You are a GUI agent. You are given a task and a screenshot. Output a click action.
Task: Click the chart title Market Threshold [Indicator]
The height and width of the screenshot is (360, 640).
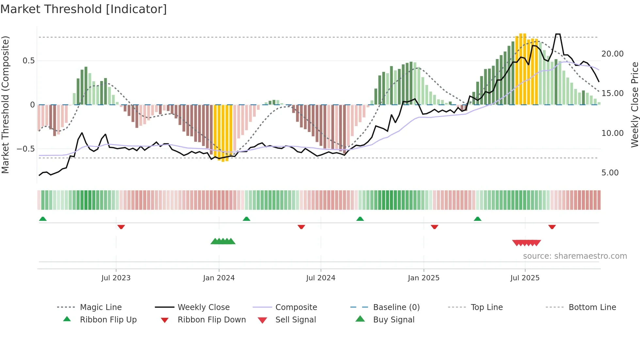point(84,9)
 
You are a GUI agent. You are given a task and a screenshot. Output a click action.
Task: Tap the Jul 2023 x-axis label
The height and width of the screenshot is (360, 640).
point(116,278)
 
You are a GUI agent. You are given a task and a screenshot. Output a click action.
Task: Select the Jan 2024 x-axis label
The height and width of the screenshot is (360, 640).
point(218,278)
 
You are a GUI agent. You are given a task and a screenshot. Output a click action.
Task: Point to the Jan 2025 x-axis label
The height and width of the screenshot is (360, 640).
point(424,278)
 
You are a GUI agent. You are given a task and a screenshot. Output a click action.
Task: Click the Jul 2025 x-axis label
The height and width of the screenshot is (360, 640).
point(525,278)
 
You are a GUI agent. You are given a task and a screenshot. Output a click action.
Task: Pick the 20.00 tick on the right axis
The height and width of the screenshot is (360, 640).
point(612,54)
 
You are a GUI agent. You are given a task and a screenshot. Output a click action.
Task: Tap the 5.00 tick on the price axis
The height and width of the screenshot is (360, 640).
point(610,173)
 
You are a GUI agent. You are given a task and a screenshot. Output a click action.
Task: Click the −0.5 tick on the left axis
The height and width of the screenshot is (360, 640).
point(25,149)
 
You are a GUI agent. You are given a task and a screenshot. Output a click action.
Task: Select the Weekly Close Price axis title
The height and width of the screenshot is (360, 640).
point(634,105)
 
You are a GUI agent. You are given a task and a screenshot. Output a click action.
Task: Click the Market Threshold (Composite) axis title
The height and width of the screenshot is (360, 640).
point(5,105)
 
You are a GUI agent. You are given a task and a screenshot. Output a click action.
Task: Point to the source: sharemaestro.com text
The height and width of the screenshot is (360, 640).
point(575,256)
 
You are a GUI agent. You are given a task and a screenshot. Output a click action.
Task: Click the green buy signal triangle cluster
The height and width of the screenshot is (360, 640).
point(223,241)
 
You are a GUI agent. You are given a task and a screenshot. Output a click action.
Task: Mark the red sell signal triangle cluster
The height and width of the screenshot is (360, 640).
point(526,243)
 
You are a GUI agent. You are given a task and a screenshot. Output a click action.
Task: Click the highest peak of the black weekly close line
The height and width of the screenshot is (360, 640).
point(558,34)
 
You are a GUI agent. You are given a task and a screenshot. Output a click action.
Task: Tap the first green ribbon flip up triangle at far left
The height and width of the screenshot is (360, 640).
point(43,219)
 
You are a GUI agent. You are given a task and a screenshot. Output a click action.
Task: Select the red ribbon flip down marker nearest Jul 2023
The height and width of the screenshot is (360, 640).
point(121,227)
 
